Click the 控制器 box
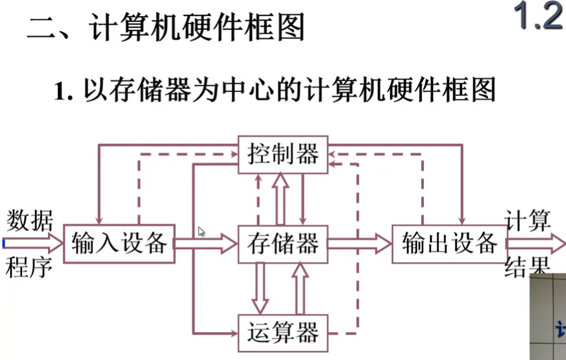pos(283,154)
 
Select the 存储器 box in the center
pos(283,244)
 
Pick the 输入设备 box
pos(119,244)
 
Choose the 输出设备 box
pos(449,244)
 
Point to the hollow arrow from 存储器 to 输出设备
pos(360,244)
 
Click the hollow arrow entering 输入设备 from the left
pos(32,244)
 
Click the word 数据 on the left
pos(30,221)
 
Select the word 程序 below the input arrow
pos(30,267)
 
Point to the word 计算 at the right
pos(528,221)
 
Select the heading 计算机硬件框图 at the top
pos(198,29)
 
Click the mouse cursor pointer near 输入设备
pos(201,231)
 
